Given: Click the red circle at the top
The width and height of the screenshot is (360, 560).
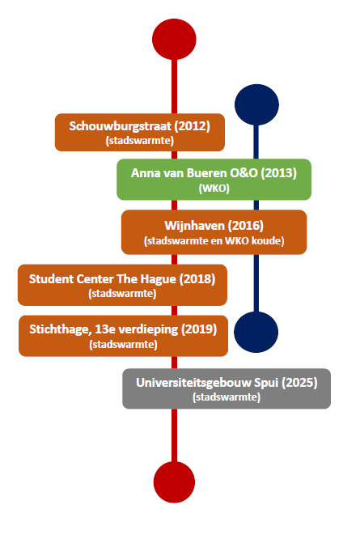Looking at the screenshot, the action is coord(174,39).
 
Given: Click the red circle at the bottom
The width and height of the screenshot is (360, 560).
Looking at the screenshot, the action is coord(174,482).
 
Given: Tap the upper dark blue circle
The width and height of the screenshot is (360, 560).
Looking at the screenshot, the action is coord(256,104).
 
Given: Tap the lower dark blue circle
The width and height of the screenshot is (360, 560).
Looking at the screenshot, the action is coord(256,332).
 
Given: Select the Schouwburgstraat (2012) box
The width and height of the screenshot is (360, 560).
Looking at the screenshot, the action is coord(140,133).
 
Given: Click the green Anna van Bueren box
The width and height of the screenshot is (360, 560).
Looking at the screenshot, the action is coord(214,180).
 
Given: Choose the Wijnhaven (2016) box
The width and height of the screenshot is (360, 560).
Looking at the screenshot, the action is coord(214,232).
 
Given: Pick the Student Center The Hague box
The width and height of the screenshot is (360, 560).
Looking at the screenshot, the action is coord(122,285).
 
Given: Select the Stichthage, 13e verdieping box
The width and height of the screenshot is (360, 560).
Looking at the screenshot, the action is coord(123,336).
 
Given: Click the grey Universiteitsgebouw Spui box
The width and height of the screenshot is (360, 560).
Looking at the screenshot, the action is coord(227,388).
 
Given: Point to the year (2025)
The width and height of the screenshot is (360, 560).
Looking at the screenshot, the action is coord(299,383).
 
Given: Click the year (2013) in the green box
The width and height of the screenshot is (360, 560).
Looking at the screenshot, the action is coord(278,173).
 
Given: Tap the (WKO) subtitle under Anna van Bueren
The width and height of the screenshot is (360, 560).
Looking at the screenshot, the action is coord(214,189).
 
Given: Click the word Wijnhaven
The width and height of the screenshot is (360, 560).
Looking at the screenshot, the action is coord(194,226).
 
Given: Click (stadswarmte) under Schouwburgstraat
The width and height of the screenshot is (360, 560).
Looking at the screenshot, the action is coord(140,140).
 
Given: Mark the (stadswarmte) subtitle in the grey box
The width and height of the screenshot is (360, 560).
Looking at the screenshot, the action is coord(227,397).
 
